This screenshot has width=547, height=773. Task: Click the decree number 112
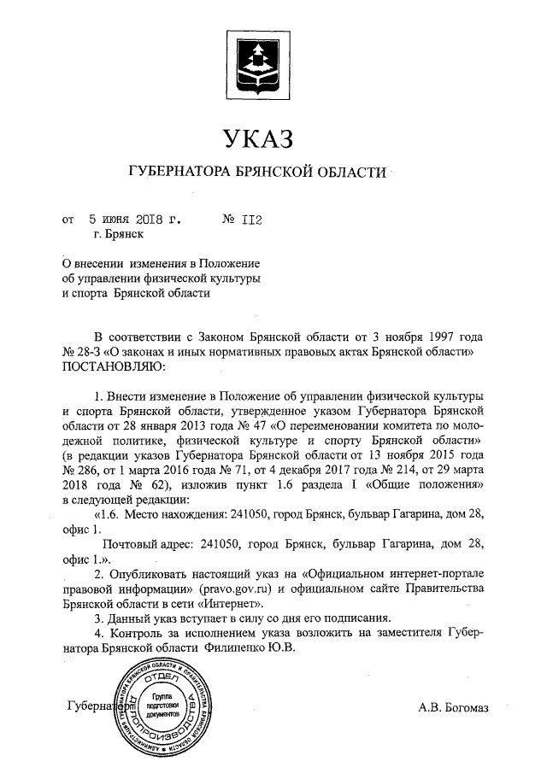(250, 220)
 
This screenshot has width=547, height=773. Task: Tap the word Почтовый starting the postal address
(131, 544)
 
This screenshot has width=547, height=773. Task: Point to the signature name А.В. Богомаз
(454, 707)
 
